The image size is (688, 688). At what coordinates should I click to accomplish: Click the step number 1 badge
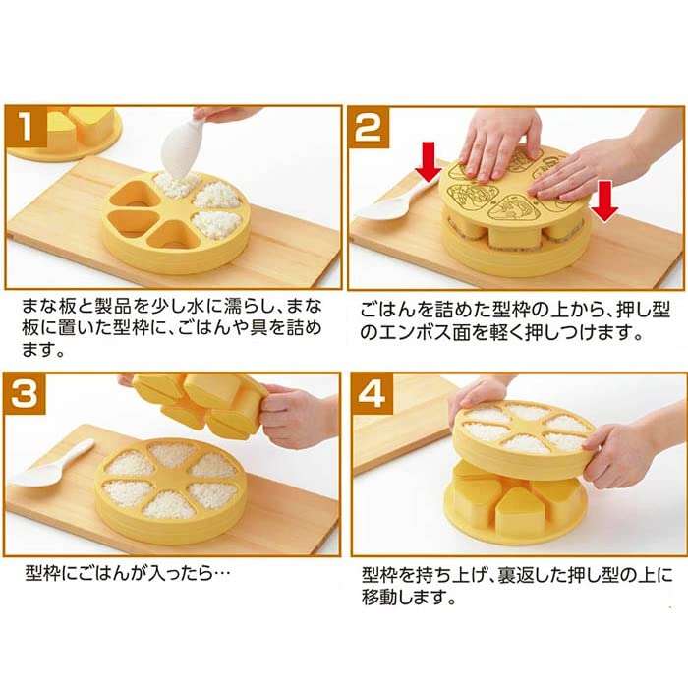[x=29, y=130]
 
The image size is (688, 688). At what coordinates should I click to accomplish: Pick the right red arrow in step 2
[x=605, y=200]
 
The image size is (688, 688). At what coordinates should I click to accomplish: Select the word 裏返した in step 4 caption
[x=512, y=575]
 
